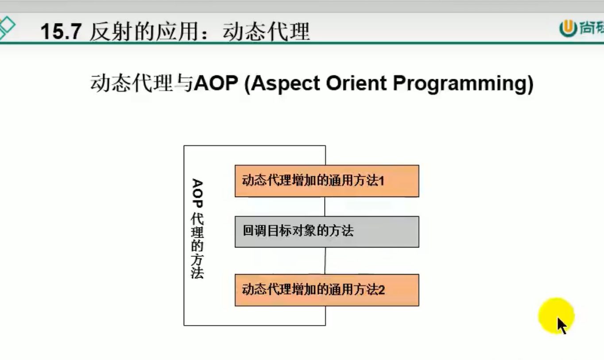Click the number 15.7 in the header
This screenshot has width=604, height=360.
[61, 31]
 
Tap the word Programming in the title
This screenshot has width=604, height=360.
[460, 84]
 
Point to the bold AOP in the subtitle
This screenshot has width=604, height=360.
[216, 83]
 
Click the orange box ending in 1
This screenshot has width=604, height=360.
[327, 181]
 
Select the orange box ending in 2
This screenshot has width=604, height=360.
[327, 290]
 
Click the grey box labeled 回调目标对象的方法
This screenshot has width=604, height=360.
[327, 232]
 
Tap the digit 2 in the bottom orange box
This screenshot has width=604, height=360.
[382, 290]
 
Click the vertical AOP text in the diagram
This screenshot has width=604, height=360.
[197, 193]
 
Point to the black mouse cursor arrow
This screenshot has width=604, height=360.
[562, 326]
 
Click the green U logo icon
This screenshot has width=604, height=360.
[568, 29]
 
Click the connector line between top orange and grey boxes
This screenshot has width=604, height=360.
[325, 206]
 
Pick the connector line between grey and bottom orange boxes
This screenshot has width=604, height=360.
[325, 261]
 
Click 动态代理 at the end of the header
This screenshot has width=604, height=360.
[267, 32]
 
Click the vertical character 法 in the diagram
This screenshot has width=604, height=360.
[197, 272]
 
